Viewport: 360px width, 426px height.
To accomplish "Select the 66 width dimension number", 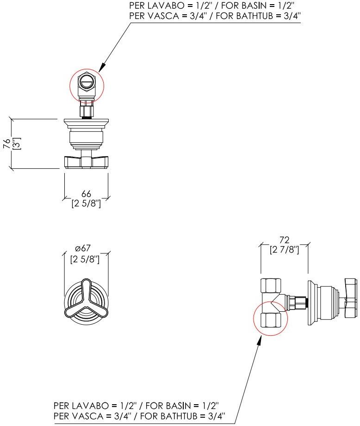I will point(86,194).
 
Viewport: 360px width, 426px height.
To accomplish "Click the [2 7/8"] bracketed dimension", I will point(284,250).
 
